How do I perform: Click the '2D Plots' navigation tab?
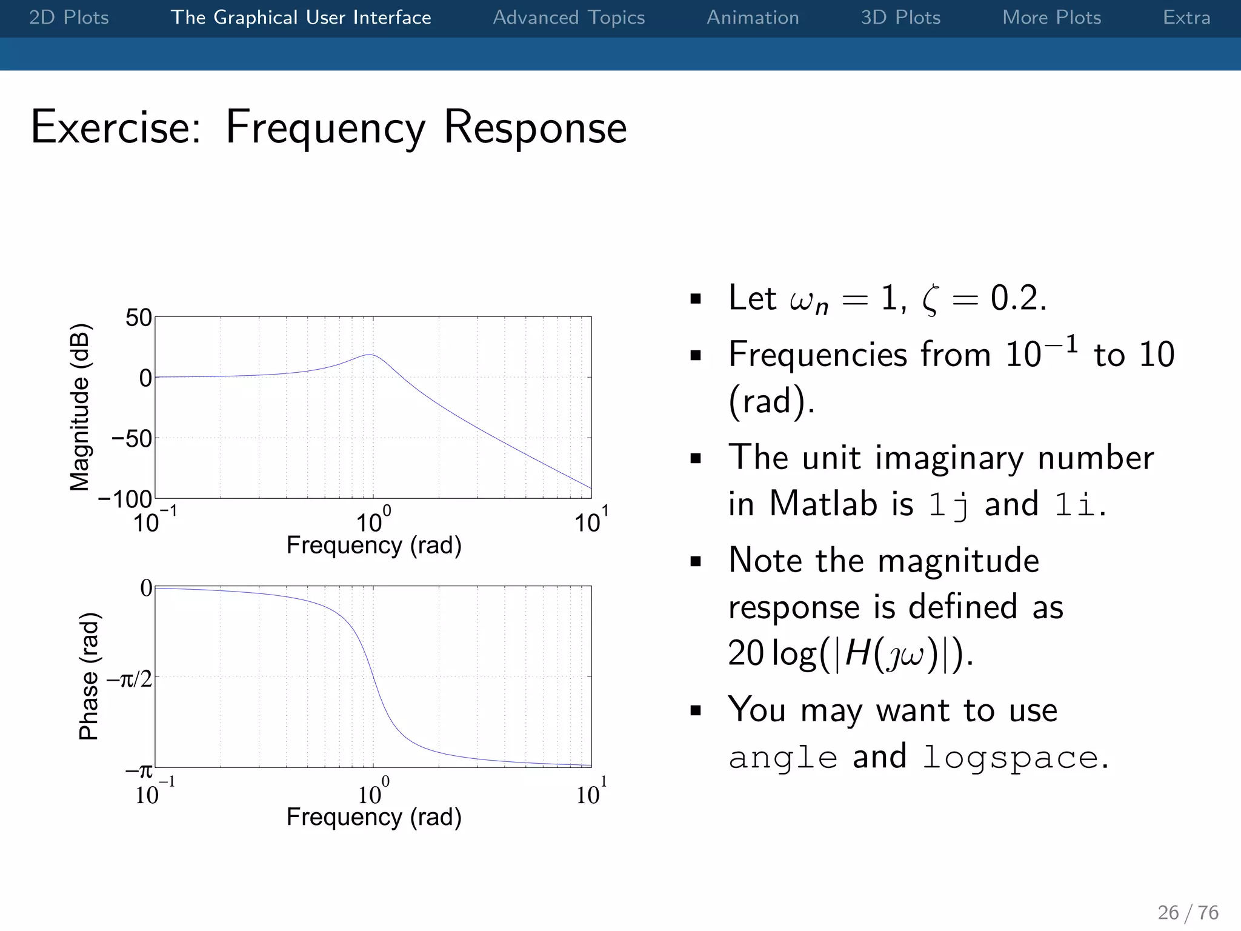(69, 18)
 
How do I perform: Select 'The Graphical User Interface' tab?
(301, 18)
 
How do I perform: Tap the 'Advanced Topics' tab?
(568, 18)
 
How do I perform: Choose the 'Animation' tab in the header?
(753, 18)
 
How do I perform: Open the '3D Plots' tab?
(900, 18)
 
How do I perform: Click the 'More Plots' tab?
(1051, 18)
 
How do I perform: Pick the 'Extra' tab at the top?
(1186, 18)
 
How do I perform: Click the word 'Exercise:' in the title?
(116, 127)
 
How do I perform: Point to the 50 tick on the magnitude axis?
(138, 318)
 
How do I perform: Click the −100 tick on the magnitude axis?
(125, 499)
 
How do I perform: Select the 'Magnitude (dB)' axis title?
(79, 407)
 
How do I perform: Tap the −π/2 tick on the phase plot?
(130, 679)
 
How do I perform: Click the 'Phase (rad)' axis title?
(89, 676)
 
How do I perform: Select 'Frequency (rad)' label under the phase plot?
(374, 817)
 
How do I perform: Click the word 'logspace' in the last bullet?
(1010, 758)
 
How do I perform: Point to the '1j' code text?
(948, 504)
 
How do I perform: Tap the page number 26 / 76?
(1188, 912)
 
